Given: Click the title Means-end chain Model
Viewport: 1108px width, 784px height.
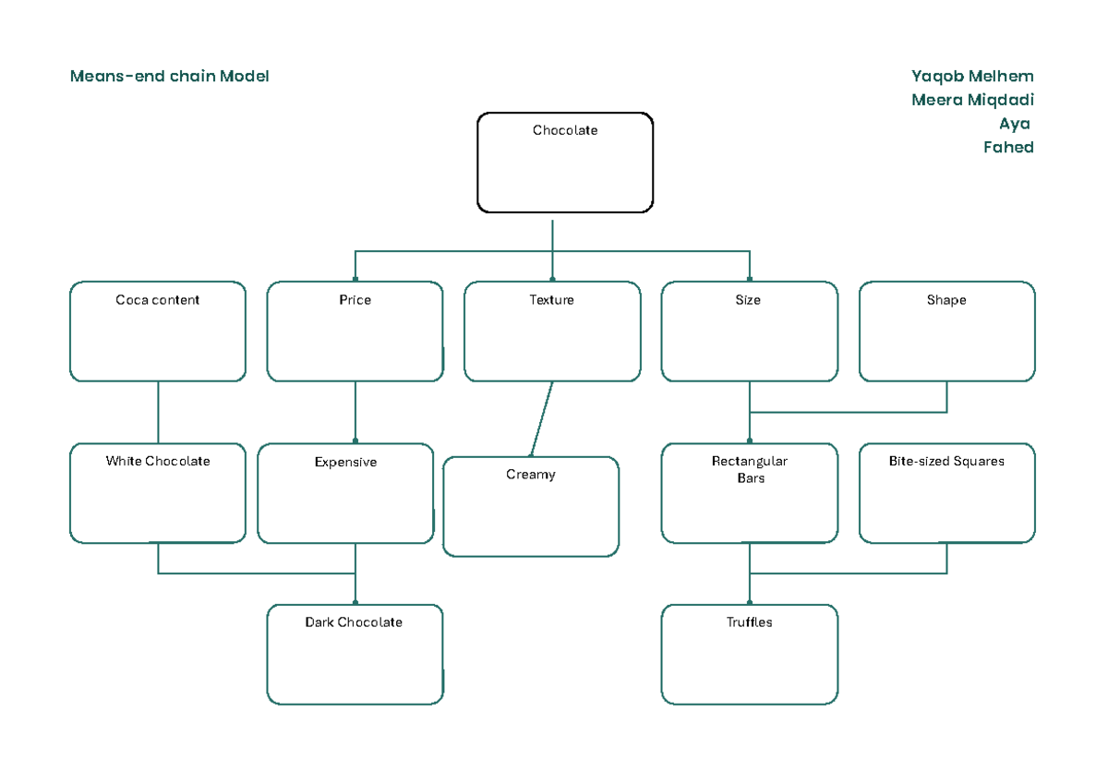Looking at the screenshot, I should pos(169,77).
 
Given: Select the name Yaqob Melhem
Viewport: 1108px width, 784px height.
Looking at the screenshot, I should pos(972,77).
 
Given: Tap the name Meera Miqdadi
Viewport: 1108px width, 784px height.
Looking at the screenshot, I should pos(972,101).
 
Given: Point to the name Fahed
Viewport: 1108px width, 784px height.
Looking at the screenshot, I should pos(1008,148).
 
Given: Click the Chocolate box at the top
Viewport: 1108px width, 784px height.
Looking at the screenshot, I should pos(565,163).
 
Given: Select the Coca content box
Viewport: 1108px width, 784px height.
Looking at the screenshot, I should pos(158,332).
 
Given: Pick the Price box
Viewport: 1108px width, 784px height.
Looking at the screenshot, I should pos(355,332).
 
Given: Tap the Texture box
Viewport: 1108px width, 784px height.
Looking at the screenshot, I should pos(552,332).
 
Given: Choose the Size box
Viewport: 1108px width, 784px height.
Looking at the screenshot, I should pos(750,332).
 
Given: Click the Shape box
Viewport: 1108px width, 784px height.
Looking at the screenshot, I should pos(947,332).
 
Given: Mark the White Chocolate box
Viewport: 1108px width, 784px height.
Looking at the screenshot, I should pos(158,493).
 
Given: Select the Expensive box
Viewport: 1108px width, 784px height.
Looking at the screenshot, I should pos(345,493).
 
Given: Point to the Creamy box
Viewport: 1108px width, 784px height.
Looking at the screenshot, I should pos(531,506).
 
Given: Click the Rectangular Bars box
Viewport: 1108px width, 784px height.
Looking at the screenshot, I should pos(750,493).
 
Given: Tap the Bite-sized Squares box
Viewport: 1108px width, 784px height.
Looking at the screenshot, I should pos(947,493).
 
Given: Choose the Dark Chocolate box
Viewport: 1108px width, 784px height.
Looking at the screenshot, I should pos(355,654).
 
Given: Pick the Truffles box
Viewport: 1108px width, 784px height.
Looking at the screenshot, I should pos(750,654).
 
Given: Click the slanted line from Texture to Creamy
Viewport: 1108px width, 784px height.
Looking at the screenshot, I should pos(542,418).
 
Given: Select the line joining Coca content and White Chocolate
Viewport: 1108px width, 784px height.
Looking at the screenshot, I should pos(158,412).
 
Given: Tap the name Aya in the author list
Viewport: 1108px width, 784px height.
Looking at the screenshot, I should pos(1014,125).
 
